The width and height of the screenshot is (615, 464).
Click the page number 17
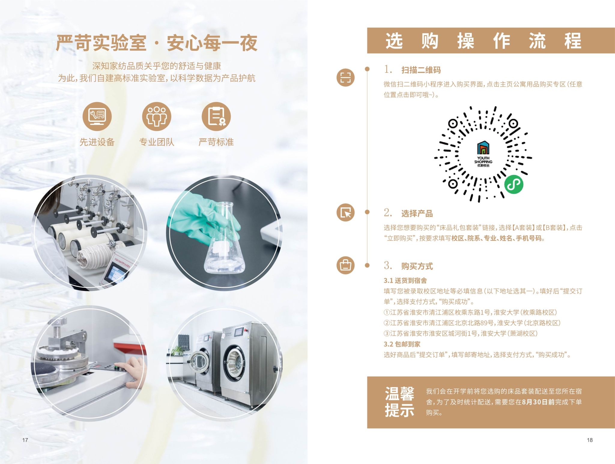(x=25, y=440)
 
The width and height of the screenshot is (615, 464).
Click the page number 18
(x=590, y=440)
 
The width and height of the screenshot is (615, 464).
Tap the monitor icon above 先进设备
(x=97, y=116)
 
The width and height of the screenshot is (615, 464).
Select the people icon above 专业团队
(x=156, y=116)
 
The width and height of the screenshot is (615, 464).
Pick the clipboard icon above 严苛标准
(x=216, y=116)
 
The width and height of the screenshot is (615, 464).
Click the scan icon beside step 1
(x=345, y=77)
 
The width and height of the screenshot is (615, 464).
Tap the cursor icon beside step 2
(x=345, y=212)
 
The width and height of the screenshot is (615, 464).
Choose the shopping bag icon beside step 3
(x=345, y=265)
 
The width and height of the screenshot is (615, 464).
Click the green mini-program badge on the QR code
(x=514, y=184)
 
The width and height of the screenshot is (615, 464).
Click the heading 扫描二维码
(x=421, y=70)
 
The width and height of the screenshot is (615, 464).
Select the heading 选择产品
(x=417, y=214)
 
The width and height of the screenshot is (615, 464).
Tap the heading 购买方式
(x=417, y=266)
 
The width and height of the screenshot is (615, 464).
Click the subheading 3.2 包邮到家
(x=402, y=344)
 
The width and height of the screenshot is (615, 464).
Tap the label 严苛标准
(x=216, y=142)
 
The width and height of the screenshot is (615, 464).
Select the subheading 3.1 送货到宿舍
(x=405, y=281)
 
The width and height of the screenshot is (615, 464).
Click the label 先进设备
(x=97, y=142)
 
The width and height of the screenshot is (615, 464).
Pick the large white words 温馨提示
(x=400, y=402)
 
